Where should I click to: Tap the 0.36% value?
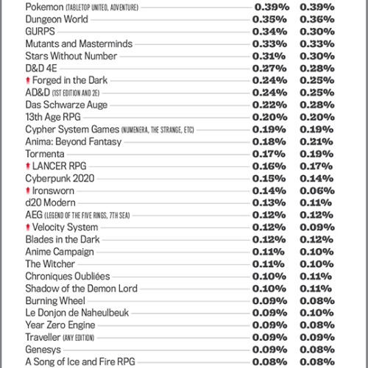click(x=317, y=19)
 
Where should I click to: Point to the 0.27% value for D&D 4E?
click(x=269, y=68)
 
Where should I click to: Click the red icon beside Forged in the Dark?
click(x=27, y=80)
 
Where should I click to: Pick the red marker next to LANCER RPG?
click(x=27, y=166)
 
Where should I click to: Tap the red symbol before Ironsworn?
click(x=27, y=191)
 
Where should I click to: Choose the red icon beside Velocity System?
click(x=27, y=227)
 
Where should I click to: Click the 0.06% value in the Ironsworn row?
click(x=317, y=191)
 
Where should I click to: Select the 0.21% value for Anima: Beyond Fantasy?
click(x=317, y=141)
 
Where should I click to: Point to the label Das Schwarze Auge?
click(x=66, y=105)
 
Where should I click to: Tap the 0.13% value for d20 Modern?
click(x=269, y=202)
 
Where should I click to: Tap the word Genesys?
click(x=43, y=350)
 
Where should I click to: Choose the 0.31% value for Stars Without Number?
click(x=269, y=56)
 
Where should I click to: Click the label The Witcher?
click(x=52, y=264)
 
